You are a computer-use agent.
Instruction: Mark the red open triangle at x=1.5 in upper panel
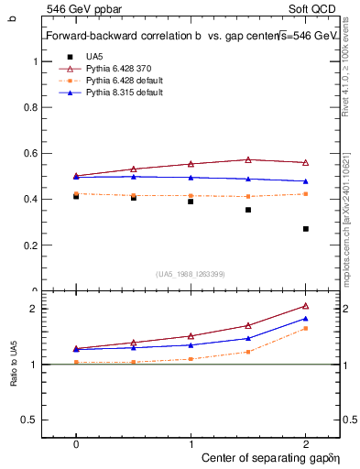248,159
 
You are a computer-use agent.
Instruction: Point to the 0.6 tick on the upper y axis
33,153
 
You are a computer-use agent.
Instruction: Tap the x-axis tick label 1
191,442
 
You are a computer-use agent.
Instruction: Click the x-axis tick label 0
76,442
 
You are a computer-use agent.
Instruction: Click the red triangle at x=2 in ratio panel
306,306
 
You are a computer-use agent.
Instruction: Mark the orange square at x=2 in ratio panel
306,328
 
